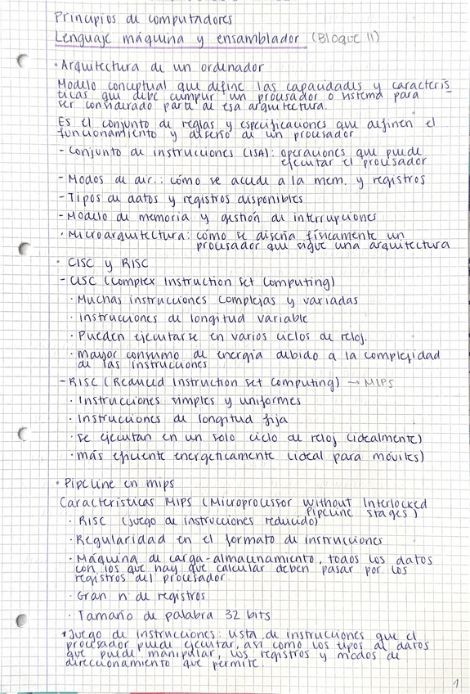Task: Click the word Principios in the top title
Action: point(81,17)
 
